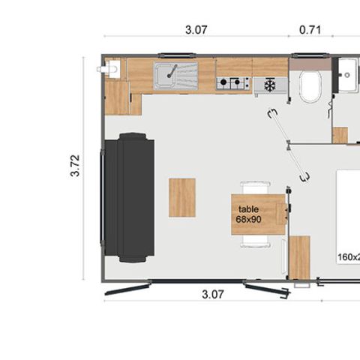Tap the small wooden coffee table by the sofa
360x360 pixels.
click(x=182, y=197)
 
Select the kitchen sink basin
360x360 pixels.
click(x=168, y=75)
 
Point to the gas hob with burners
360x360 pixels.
click(x=232, y=82)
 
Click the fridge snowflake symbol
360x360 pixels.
click(x=270, y=85)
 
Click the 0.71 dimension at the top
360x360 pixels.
click(x=310, y=31)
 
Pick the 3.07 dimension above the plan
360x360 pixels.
click(x=196, y=31)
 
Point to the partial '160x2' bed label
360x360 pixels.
click(x=349, y=257)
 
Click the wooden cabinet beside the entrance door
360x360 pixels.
click(x=299, y=257)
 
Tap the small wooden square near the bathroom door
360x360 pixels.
click(x=340, y=135)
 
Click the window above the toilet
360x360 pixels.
click(x=309, y=55)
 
